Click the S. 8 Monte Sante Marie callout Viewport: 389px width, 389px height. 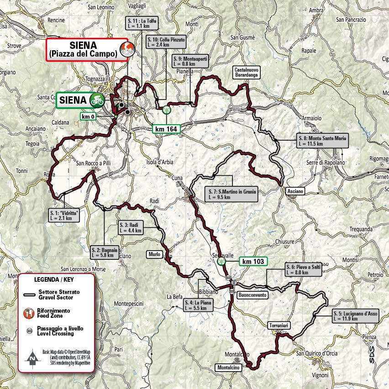click(x=321, y=141)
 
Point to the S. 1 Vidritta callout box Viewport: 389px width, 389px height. click(x=63, y=215)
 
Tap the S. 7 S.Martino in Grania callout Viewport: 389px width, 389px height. click(x=231, y=195)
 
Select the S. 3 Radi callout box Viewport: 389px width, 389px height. click(x=131, y=227)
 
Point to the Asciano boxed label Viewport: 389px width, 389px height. click(x=295, y=191)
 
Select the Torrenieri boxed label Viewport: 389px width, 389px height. click(x=278, y=325)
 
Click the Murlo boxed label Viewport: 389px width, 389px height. click(x=154, y=254)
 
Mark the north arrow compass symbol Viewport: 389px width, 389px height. click(x=32, y=357)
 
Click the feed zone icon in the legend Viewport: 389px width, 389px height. click(x=28, y=314)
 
